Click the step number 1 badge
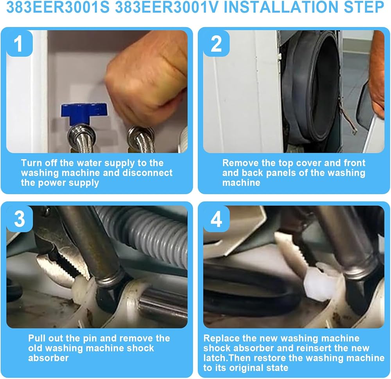[x=20, y=43]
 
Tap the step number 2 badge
[x=217, y=43]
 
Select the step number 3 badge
[x=20, y=219]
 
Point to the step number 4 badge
[x=217, y=219]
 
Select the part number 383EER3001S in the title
[x=57, y=7]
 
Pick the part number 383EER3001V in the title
[x=167, y=7]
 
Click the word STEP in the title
[x=364, y=7]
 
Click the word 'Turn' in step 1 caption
[x=32, y=163]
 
